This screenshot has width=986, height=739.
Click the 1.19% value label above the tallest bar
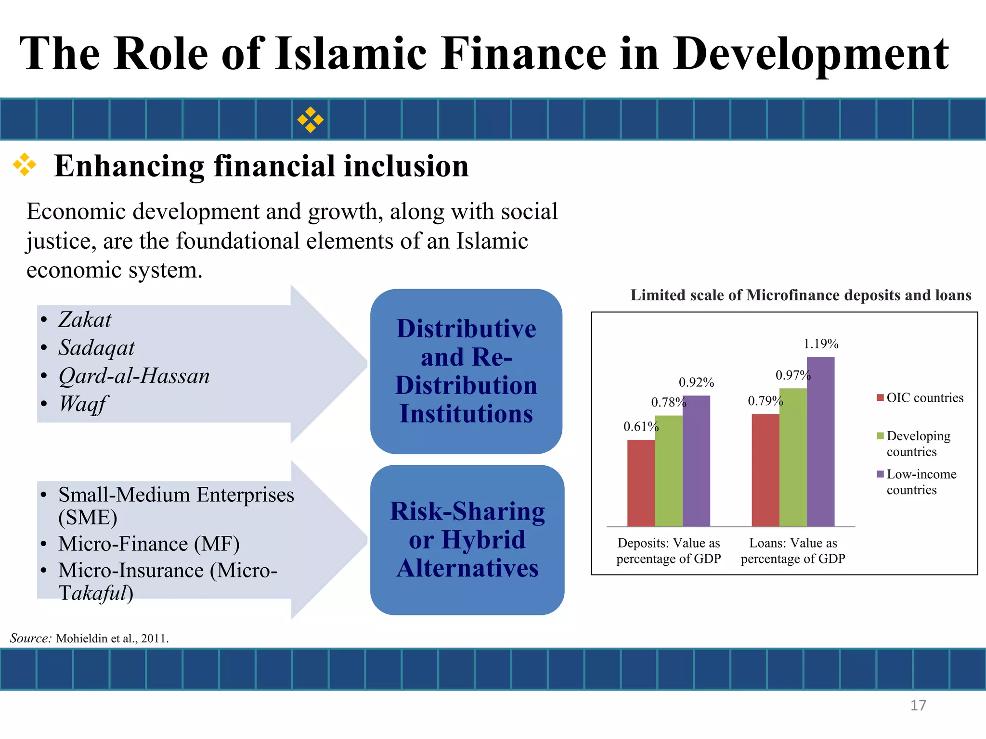pos(821,344)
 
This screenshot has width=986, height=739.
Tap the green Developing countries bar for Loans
pos(793,457)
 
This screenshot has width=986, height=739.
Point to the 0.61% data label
pos(640,427)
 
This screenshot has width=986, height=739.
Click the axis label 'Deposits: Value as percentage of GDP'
pos(669,551)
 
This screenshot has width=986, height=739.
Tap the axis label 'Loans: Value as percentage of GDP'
pos(793,551)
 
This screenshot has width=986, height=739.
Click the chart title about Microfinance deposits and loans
pos(801,295)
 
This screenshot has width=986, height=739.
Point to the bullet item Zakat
pos(85,320)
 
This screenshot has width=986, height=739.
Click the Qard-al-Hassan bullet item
pos(134,376)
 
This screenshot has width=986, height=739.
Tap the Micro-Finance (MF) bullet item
pos(149,544)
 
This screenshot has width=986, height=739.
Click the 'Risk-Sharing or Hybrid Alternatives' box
pos(467,540)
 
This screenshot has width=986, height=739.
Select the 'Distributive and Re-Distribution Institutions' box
pos(466,371)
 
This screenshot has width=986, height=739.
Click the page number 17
pos(918,705)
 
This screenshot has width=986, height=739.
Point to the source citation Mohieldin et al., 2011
pos(112,638)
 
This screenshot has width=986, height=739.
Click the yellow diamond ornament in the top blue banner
pos(310,119)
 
